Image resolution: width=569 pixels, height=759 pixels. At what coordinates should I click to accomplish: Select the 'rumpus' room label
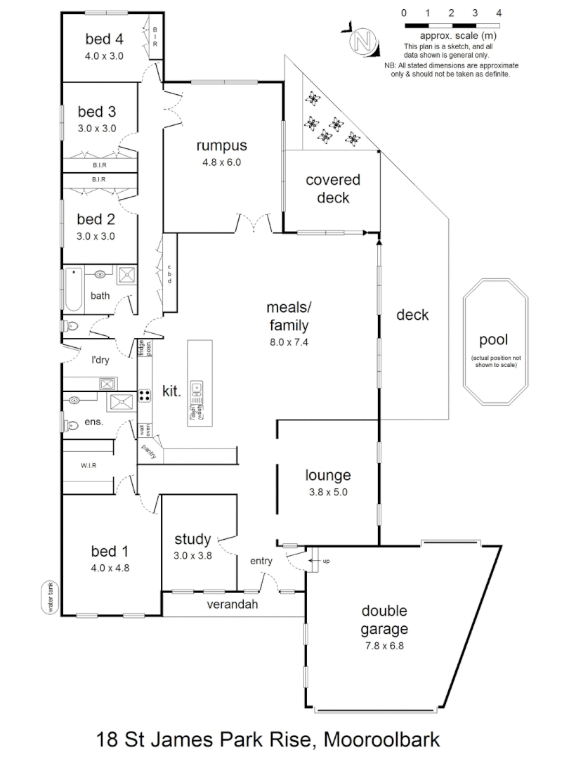coord(221,146)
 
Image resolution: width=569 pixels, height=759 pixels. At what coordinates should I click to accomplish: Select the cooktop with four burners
coord(145,395)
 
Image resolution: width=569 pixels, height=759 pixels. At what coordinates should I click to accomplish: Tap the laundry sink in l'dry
coord(107,384)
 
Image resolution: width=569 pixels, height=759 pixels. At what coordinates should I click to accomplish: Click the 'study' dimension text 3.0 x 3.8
coord(192,554)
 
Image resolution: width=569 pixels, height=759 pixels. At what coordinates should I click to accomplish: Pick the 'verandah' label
coord(230,604)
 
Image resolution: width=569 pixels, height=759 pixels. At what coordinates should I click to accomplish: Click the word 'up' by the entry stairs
coord(325,562)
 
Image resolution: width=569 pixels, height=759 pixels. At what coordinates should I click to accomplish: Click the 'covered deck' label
coord(333,188)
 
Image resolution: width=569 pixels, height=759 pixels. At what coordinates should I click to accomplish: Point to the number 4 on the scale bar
coord(498,13)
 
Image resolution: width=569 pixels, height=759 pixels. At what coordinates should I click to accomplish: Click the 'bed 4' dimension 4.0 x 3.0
coord(104,56)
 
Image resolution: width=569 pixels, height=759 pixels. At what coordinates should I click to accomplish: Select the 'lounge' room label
coord(327,476)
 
